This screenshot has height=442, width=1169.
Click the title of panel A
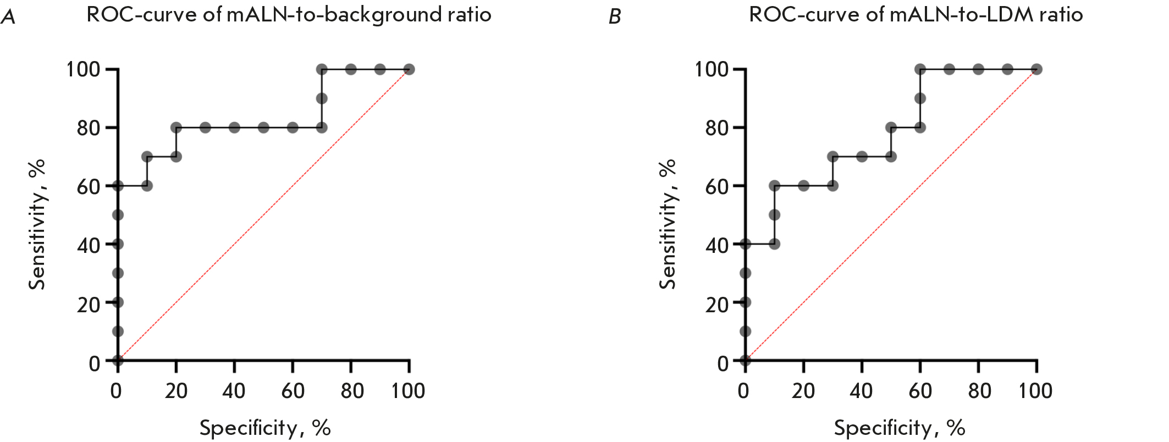[x=289, y=15]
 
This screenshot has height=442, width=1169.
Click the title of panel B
[x=916, y=15]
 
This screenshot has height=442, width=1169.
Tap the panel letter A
[x=8, y=17]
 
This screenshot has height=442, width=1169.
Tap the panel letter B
[x=615, y=17]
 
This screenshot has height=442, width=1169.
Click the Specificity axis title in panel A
[x=264, y=428]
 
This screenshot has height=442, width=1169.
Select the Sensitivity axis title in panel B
[x=668, y=224]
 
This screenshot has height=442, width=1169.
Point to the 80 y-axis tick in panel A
[x=89, y=128]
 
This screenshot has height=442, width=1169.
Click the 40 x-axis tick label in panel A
[x=234, y=391]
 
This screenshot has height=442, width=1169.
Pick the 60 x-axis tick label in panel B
[x=920, y=391]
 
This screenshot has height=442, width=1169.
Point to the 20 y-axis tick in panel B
[x=716, y=303]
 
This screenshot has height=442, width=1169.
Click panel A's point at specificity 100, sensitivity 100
[x=409, y=69]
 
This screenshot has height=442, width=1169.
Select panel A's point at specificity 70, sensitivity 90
[x=322, y=98]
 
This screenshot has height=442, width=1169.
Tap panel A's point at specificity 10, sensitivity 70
[x=147, y=157]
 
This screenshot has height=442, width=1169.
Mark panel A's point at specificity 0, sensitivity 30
[x=118, y=273]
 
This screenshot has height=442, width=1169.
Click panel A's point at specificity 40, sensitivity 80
[x=234, y=128]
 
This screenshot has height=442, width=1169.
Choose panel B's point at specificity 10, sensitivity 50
[x=774, y=215]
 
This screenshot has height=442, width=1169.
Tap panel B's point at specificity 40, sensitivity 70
[x=862, y=157]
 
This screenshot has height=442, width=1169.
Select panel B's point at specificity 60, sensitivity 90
[x=920, y=98]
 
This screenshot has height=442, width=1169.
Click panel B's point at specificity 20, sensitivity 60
[x=803, y=186]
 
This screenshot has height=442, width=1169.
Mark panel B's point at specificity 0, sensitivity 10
[x=745, y=331]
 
